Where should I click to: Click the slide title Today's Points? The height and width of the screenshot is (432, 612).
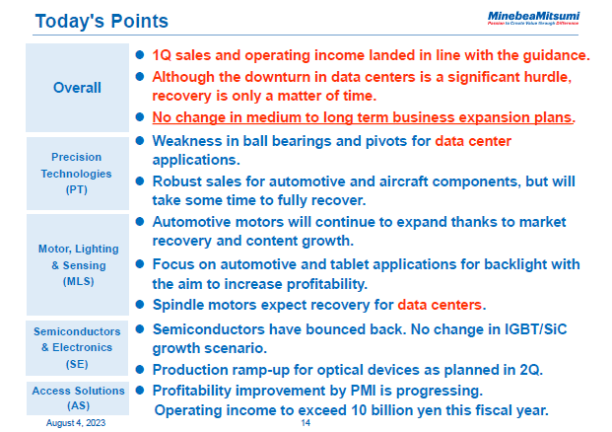(x=101, y=21)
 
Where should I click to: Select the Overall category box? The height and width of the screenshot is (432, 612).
(x=76, y=88)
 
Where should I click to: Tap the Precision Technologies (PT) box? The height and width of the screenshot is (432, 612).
(x=76, y=173)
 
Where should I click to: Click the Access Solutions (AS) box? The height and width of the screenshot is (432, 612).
(x=76, y=397)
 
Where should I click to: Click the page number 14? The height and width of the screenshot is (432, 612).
(x=306, y=421)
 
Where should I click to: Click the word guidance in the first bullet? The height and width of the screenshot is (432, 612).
(x=553, y=55)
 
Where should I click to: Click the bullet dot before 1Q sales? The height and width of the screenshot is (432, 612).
(x=140, y=55)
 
